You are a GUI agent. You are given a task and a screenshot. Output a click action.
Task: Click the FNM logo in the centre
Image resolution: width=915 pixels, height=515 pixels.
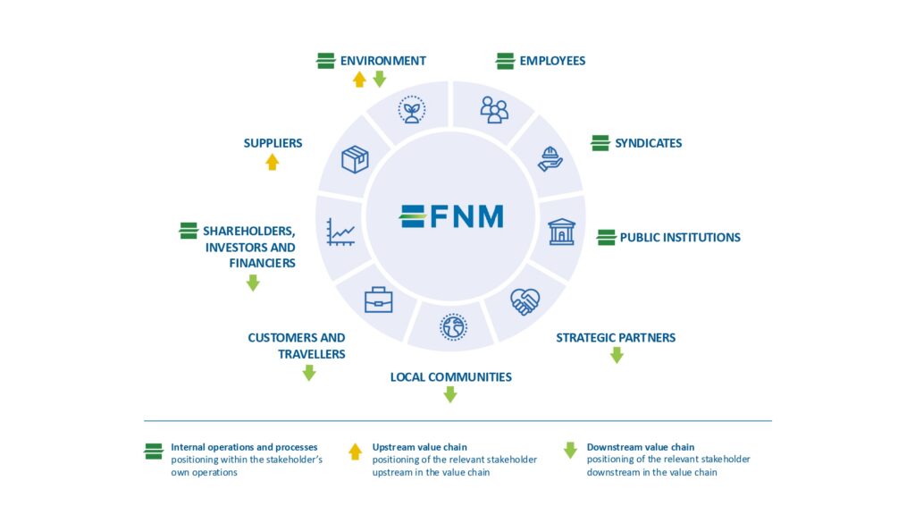451,216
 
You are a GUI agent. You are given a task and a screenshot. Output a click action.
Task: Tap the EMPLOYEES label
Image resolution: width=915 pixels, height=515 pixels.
552,61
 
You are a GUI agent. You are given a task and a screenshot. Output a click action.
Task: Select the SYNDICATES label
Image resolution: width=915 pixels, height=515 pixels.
648,143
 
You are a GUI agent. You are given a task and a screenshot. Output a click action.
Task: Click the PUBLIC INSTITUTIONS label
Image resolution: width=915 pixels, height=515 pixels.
680,238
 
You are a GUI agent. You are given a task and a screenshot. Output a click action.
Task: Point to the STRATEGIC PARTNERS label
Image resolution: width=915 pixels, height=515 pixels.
616,338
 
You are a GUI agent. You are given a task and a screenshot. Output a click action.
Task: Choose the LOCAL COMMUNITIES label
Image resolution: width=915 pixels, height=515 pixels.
450,377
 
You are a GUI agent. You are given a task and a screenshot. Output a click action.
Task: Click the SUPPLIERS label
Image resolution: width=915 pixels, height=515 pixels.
273,143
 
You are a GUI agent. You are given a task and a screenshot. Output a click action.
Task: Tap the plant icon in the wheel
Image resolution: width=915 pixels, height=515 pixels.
411,110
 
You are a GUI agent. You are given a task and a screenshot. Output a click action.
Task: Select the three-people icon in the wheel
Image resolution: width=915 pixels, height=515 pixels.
494,110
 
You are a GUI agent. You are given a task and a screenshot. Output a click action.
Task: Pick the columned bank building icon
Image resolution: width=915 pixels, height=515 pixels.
562,232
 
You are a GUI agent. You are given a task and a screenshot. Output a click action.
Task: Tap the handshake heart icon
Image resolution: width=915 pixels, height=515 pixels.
525,301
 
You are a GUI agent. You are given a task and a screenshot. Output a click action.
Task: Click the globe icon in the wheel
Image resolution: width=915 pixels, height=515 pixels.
453,326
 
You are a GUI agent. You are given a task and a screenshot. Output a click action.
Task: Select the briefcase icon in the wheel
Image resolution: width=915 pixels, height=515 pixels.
378,300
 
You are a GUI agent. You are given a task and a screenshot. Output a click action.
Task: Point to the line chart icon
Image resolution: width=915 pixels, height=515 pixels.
340,232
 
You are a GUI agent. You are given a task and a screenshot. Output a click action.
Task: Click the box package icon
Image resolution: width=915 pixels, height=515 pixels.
356,159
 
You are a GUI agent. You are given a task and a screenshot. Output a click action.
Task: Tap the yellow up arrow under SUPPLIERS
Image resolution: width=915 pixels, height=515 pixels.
273,162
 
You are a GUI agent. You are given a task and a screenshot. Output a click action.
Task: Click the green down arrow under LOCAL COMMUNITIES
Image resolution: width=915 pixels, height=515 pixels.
450,394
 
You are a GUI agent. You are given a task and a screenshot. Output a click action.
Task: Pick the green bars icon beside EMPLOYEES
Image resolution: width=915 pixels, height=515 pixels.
506,61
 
